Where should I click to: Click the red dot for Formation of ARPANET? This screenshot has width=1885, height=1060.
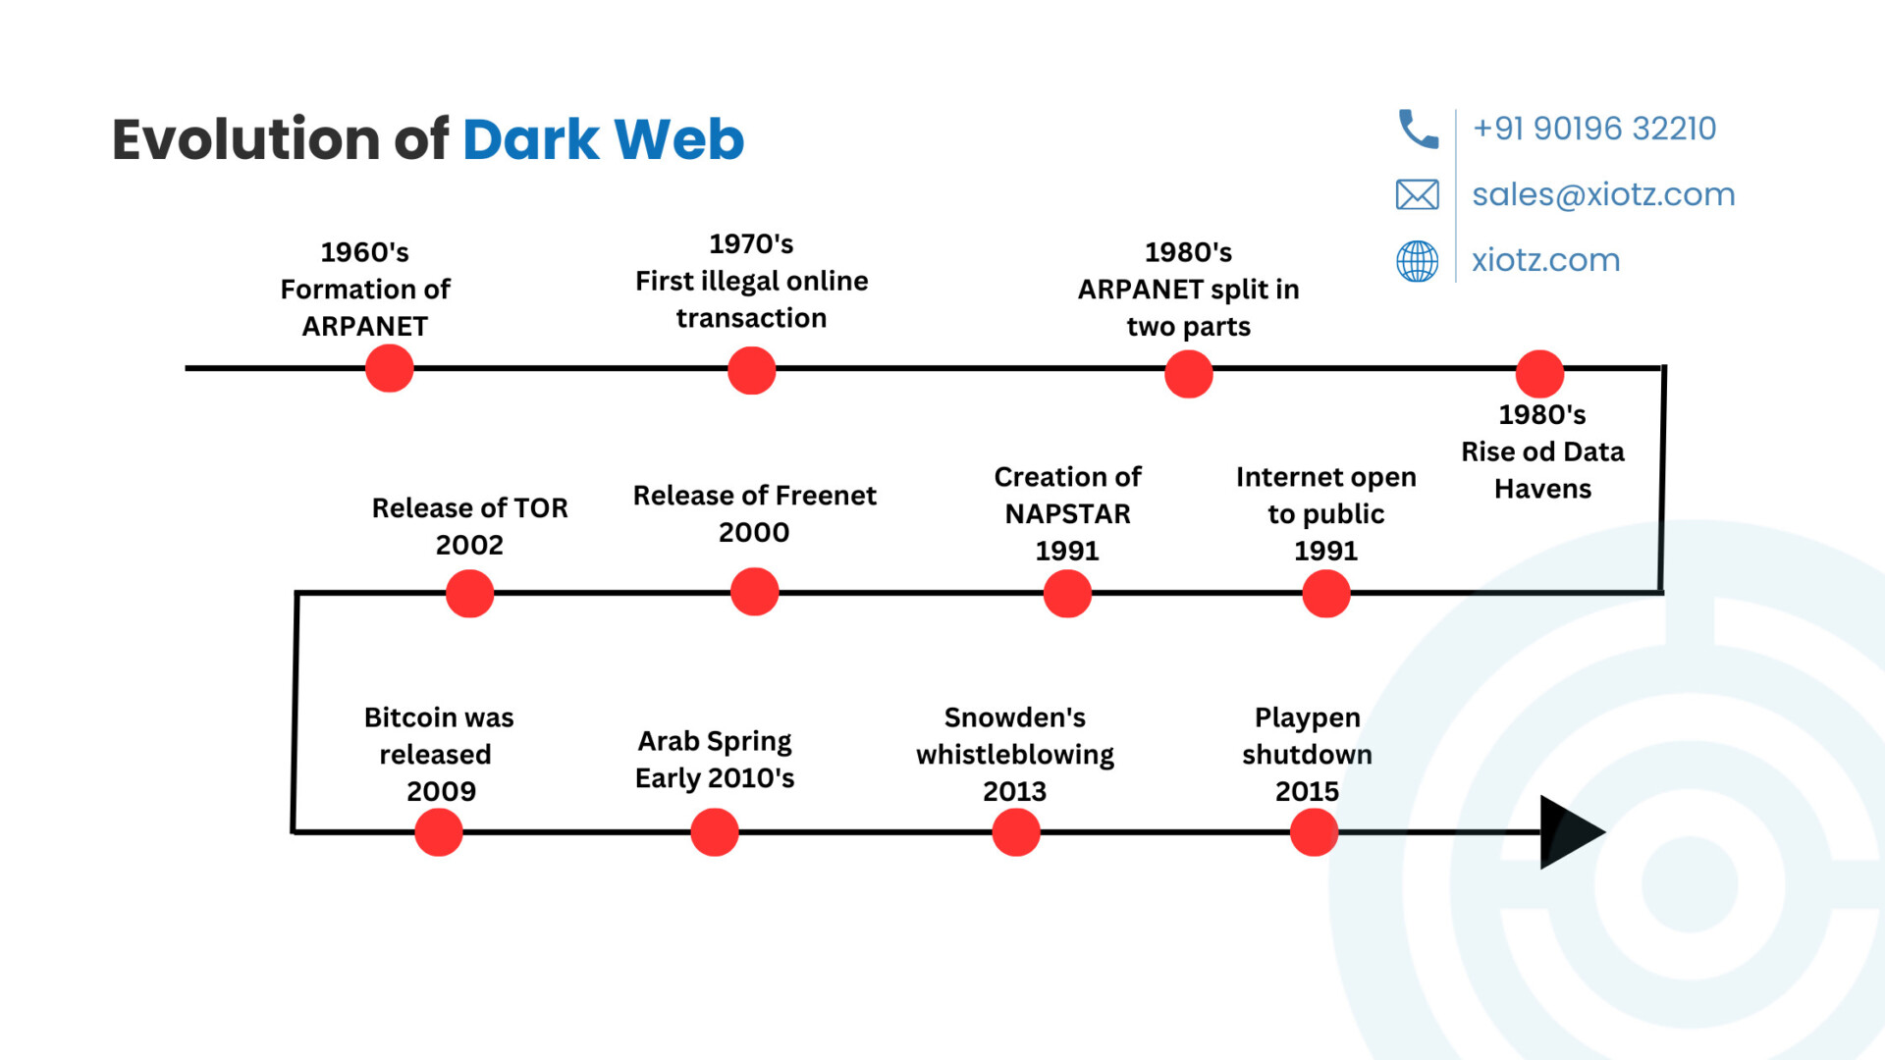click(390, 368)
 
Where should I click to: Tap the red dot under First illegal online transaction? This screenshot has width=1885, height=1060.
click(752, 371)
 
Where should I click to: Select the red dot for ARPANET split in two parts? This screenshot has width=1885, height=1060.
click(1189, 374)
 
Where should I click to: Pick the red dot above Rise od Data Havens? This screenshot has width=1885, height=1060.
click(1539, 374)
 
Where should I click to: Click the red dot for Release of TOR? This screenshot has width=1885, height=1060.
click(469, 594)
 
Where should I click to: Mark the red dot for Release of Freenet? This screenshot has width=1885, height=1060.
click(755, 592)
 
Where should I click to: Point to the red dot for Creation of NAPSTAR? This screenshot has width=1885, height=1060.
click(1067, 594)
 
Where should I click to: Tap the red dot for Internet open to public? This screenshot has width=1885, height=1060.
click(1326, 594)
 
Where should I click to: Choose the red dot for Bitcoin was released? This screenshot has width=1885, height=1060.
click(439, 832)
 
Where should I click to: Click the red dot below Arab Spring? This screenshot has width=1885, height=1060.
click(715, 832)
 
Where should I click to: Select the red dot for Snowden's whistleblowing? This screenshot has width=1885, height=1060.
click(1016, 832)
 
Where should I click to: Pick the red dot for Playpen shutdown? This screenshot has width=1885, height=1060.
click(1314, 832)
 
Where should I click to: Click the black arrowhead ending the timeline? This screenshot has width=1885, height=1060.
click(1569, 832)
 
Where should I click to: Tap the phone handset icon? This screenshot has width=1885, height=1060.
click(1418, 129)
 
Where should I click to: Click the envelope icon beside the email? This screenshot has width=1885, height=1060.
click(1418, 194)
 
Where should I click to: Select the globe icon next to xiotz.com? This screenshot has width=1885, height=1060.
click(1418, 261)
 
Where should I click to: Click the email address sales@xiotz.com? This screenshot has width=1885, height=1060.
click(1603, 194)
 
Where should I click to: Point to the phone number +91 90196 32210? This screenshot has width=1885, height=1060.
click(1594, 129)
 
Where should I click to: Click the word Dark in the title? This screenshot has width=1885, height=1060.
click(530, 139)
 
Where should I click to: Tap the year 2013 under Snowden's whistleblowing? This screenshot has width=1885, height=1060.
click(1015, 791)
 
